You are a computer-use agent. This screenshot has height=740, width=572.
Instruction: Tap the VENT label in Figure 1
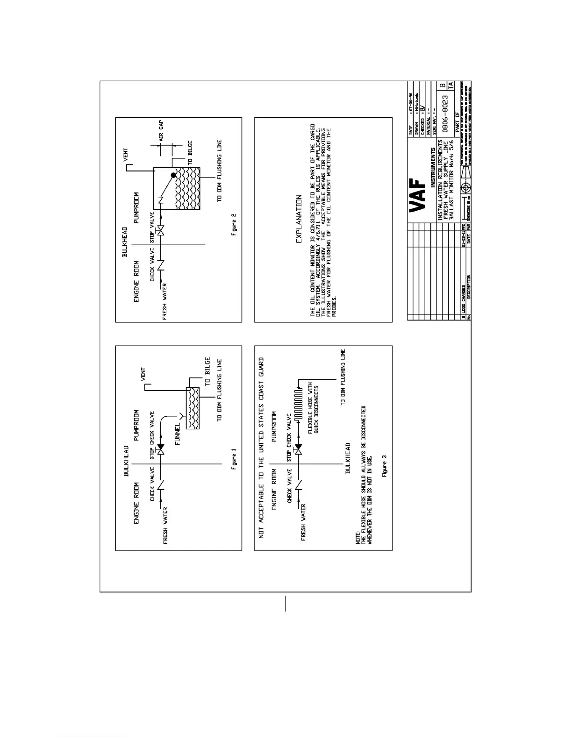coord(143,375)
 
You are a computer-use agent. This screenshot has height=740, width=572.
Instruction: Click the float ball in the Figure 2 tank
coord(174,176)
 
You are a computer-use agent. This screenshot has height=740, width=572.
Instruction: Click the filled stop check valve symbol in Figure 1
coord(160,449)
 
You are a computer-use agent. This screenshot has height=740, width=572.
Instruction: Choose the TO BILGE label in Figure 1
coord(207,371)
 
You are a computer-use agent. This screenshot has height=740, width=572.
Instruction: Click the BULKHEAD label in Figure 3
coord(348,458)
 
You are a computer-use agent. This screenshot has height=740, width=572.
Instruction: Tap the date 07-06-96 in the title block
coord(411,103)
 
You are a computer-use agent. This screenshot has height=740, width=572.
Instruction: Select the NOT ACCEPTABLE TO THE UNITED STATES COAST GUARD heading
coord(261,448)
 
